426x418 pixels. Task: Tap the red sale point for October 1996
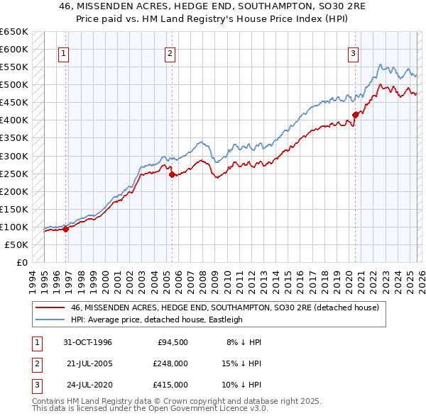tap(66, 229)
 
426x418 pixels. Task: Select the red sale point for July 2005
tap(172, 174)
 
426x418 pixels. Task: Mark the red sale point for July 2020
tap(356, 115)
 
